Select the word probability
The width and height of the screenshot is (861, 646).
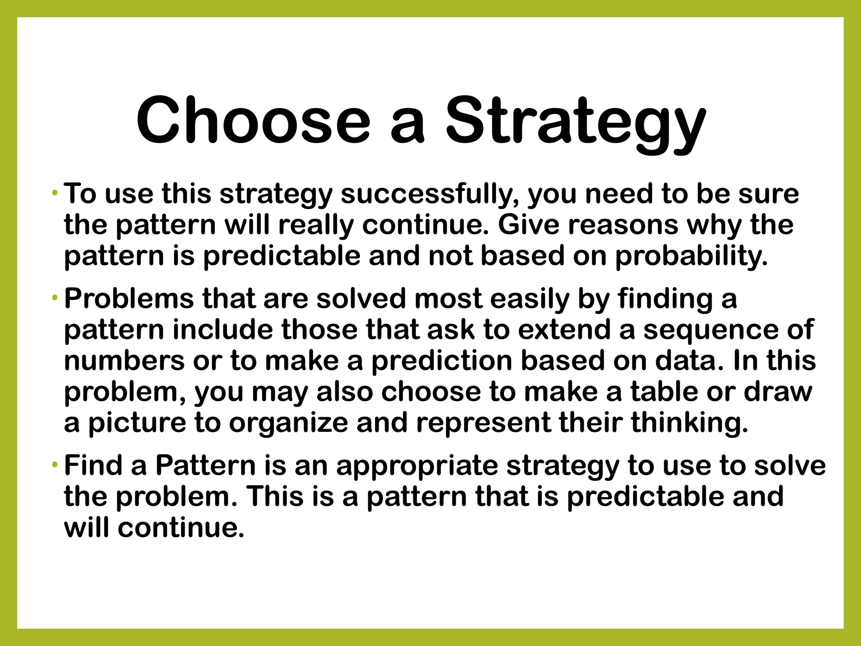pos(691,256)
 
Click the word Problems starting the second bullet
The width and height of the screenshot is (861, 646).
pos(129,299)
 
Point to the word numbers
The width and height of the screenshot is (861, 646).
pos(124,361)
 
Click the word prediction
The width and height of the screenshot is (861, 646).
pos(441,361)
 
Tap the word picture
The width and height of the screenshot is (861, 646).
pos(137,423)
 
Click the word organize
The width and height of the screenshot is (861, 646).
pos(288,423)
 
